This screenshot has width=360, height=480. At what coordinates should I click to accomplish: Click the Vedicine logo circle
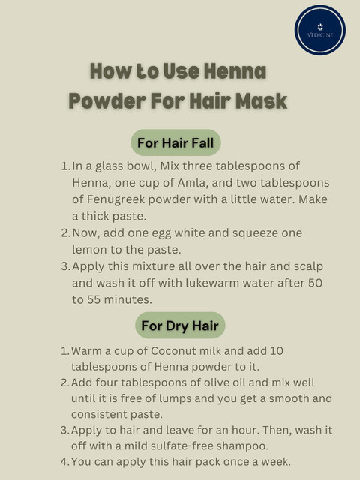pyautogui.click(x=320, y=30)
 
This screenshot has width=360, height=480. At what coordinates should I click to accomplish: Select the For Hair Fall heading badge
pyautogui.click(x=175, y=142)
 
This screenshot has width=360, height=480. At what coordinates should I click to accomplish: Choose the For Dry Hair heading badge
pyautogui.click(x=180, y=325)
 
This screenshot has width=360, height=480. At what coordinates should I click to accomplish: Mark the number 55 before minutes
pyautogui.click(x=94, y=299)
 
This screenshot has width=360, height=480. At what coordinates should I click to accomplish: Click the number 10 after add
pyautogui.click(x=277, y=351)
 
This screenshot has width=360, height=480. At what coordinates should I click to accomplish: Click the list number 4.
pyautogui.click(x=64, y=462)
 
